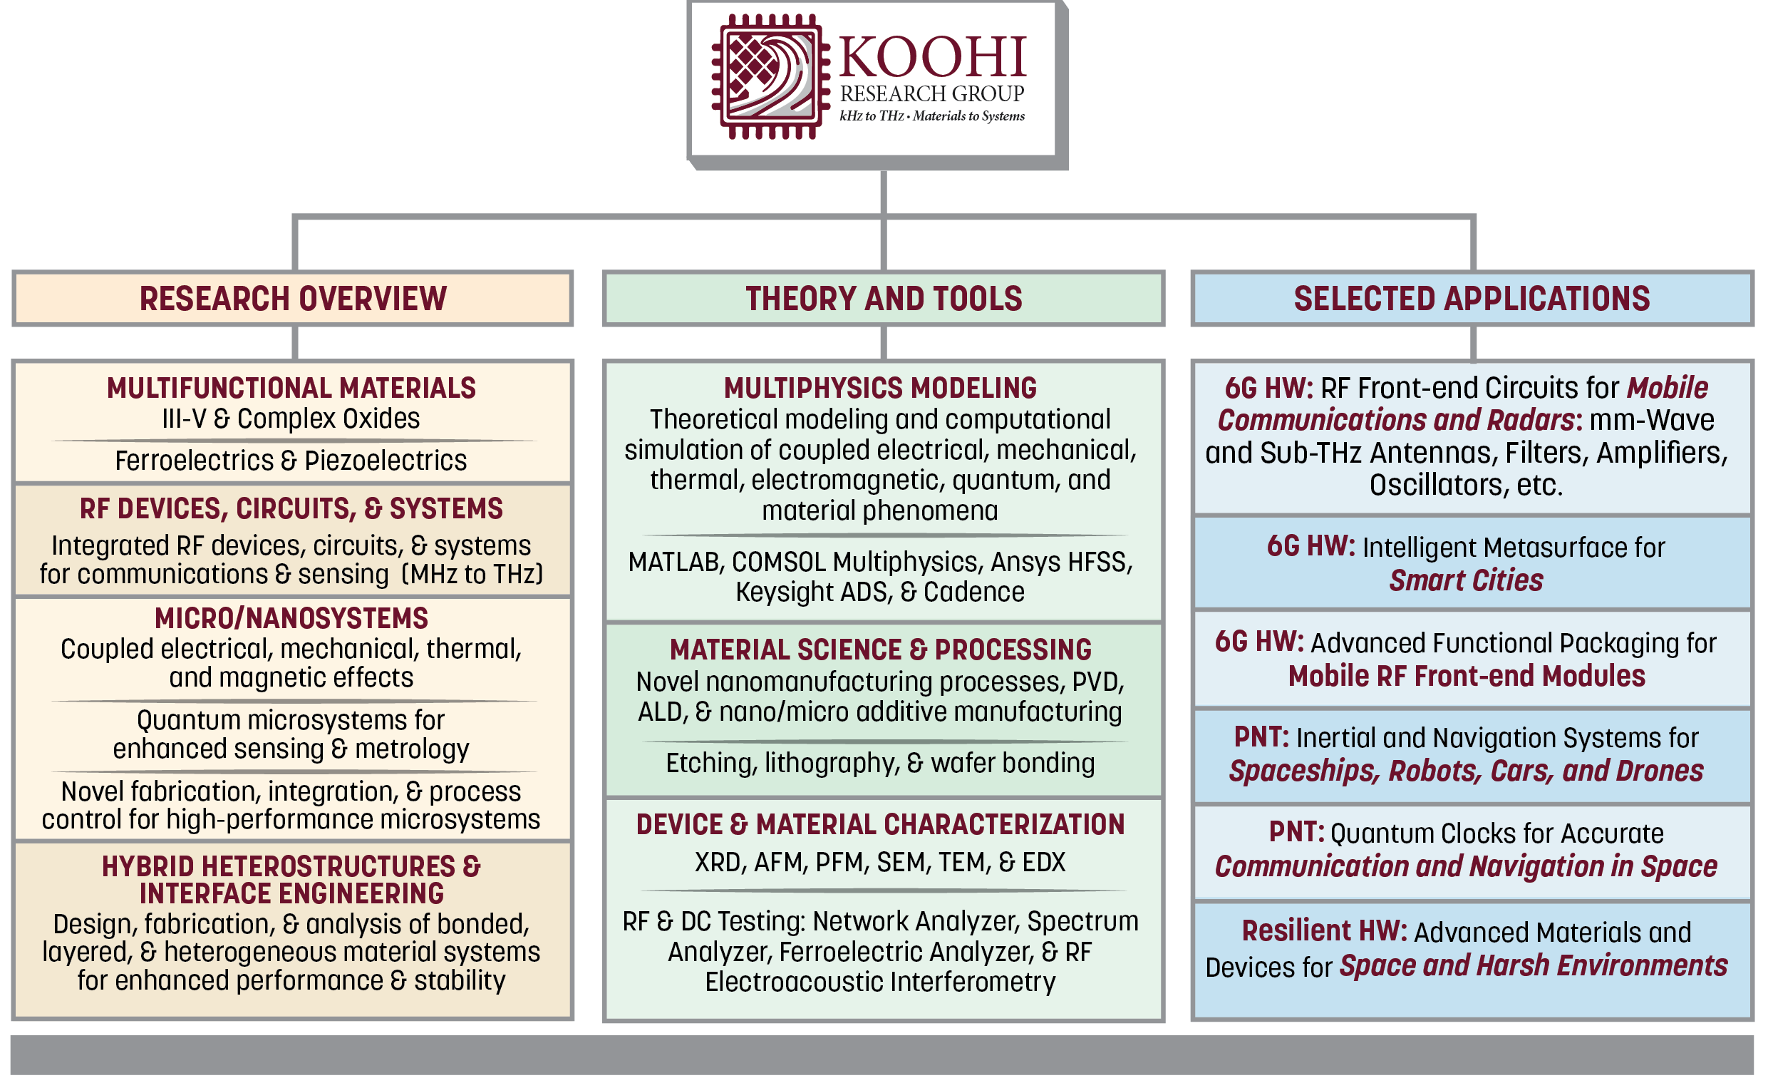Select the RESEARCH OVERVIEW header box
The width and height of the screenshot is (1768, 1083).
tap(293, 299)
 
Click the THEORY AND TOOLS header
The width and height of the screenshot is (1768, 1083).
tap(883, 299)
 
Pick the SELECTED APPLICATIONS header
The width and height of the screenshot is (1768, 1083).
tap(1472, 299)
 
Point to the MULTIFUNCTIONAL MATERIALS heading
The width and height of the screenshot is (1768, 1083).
tap(291, 389)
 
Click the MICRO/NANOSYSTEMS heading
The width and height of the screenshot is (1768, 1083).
tap(291, 619)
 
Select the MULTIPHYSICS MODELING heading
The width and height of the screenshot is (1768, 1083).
tap(880, 389)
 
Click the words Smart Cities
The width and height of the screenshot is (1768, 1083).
tap(1466, 580)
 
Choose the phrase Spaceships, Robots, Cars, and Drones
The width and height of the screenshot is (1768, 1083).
tap(1466, 771)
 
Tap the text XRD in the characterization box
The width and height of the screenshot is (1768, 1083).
tap(718, 863)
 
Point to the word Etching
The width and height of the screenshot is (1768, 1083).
tap(710, 764)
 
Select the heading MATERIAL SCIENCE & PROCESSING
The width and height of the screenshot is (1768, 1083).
tap(880, 650)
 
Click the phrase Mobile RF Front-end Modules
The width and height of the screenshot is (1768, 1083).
tap(1466, 677)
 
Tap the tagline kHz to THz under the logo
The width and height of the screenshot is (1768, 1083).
tap(872, 116)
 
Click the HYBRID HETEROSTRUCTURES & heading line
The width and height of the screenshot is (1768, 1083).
tap(291, 867)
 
